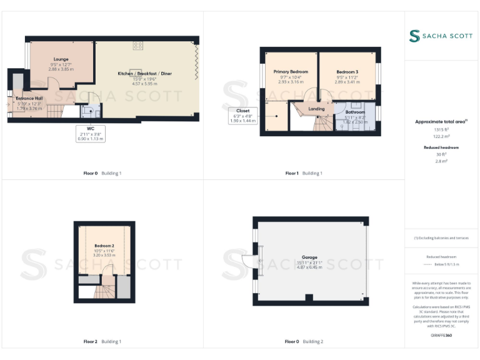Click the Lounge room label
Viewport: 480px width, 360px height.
pos(61,59)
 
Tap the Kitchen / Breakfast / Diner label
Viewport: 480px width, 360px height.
pos(144,74)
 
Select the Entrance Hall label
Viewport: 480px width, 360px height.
pos(29,98)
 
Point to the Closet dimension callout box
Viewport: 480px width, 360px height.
pos(243,116)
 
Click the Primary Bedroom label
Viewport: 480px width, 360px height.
pos(291,72)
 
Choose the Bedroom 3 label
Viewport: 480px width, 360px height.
pos(347,72)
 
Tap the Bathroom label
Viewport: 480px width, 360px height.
pos(355,112)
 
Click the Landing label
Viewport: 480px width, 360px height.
pos(317,109)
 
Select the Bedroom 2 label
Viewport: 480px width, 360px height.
pos(104,246)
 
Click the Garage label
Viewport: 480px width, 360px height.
pos(309,257)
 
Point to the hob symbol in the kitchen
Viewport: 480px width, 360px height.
pos(137,45)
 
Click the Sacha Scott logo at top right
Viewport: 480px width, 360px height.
pos(441,36)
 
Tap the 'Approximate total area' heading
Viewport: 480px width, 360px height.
pos(441,122)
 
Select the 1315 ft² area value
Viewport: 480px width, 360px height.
pos(441,131)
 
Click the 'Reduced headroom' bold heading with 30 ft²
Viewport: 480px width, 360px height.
pos(441,147)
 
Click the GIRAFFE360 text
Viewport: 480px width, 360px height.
pos(441,336)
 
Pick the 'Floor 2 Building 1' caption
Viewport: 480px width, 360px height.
pos(102,342)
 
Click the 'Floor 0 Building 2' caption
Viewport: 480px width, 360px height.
pos(304,342)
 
